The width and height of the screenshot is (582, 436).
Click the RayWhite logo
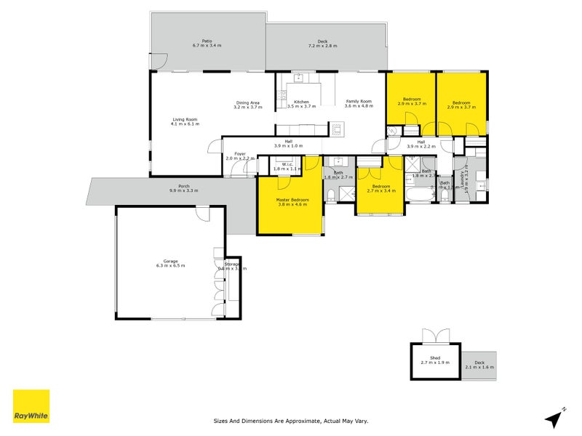click(31, 406)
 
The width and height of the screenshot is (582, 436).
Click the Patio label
click(207, 43)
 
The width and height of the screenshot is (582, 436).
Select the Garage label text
click(170, 263)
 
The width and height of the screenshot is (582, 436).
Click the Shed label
click(435, 360)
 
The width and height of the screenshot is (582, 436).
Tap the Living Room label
click(185, 121)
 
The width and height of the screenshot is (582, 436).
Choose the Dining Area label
click(247, 105)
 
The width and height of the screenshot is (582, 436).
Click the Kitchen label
click(301, 104)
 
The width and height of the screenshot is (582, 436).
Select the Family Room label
click(359, 104)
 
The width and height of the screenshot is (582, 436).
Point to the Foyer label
click(239, 156)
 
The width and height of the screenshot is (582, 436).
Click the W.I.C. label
click(287, 166)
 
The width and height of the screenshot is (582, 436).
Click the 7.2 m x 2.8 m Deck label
click(322, 44)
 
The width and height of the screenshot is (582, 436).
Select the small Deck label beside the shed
click(479, 365)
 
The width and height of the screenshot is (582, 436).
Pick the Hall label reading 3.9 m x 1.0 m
click(288, 144)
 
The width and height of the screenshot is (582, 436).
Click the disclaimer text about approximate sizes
click(291, 421)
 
